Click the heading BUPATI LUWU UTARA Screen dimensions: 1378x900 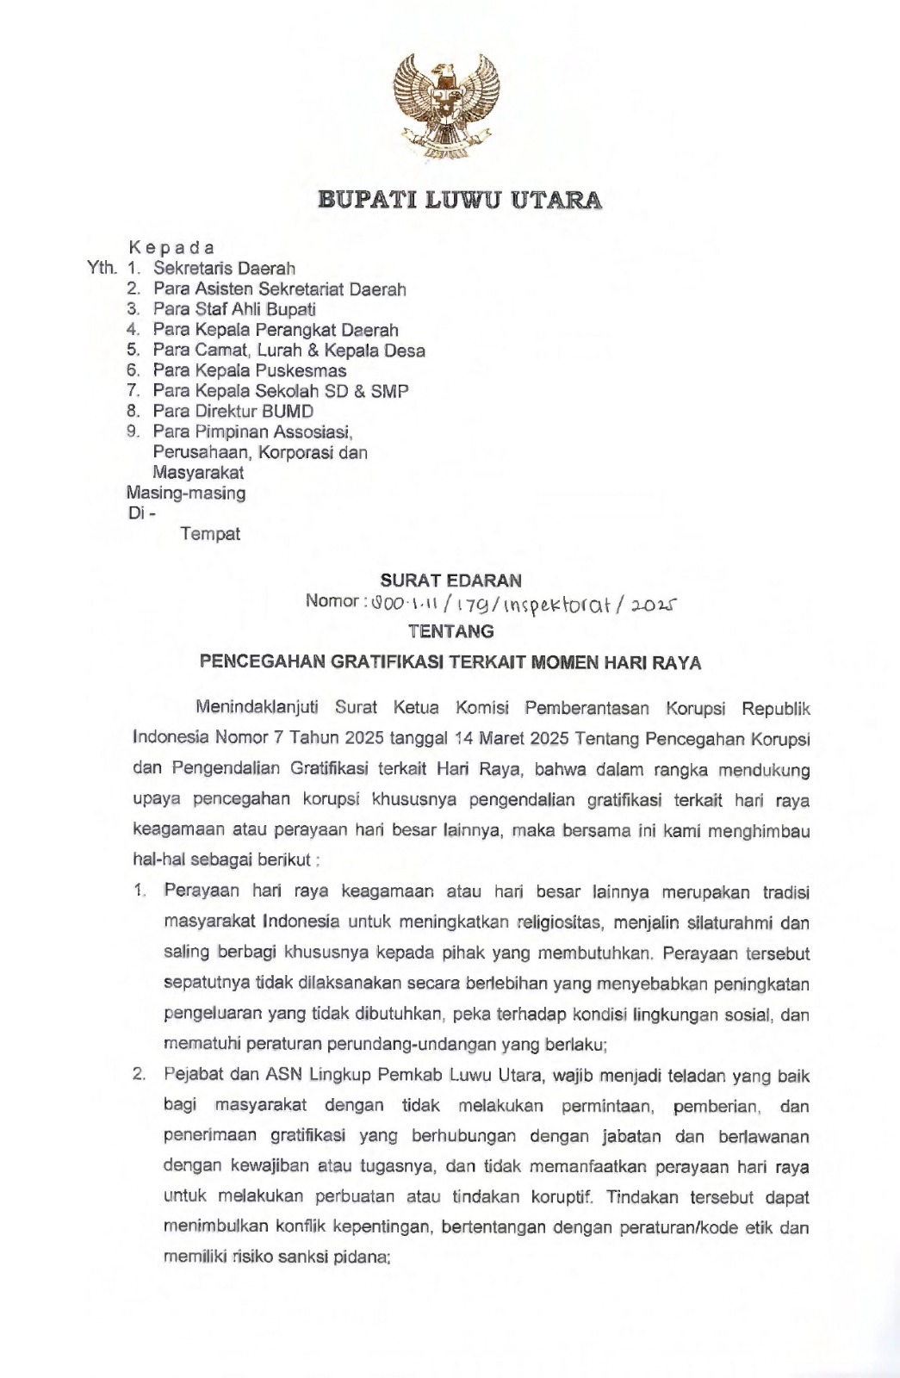tap(460, 201)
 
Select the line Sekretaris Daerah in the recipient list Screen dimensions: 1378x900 tap(224, 269)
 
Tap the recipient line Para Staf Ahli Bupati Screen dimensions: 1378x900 tap(234, 309)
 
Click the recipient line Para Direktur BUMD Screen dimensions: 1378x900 tap(233, 412)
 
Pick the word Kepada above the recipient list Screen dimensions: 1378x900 tap(171, 248)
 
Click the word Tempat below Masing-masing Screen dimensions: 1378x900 tap(210, 534)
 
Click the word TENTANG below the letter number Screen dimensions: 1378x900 tap(451, 631)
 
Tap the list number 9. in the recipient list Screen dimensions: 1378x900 tap(133, 431)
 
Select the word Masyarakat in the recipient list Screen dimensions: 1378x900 tap(198, 473)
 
